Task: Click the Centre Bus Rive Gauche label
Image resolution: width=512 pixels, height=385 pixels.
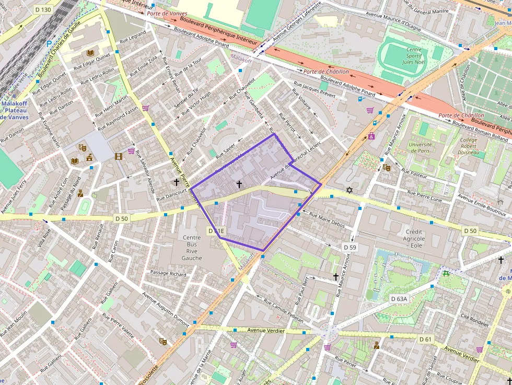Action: pos(192,248)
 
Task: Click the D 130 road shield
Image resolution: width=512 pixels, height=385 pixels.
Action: pos(43,10)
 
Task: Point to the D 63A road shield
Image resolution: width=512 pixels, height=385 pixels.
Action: pos(399,298)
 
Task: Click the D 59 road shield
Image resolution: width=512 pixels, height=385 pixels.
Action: pos(350,247)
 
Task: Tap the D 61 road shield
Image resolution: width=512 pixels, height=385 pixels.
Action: pos(425,339)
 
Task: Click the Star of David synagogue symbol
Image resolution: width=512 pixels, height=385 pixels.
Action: pos(350,190)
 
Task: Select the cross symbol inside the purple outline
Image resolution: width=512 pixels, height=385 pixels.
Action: pos(239,184)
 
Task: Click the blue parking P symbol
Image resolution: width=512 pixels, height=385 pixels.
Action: pos(49,44)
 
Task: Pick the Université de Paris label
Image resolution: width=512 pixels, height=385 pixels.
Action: pos(420,148)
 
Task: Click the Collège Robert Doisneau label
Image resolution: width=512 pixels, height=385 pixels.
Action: pos(469,147)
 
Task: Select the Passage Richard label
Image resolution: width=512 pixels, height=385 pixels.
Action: pos(168,273)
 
